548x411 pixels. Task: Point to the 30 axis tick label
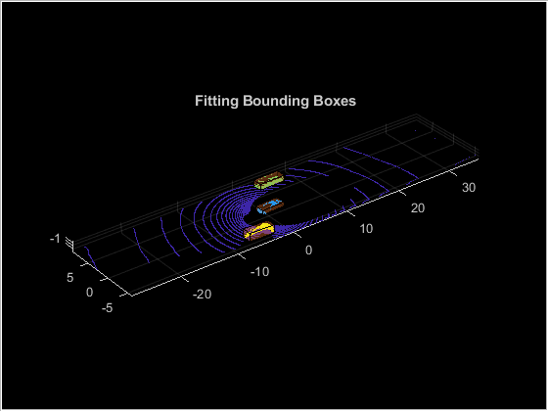(x=469, y=188)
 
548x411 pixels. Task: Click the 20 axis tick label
(x=418, y=208)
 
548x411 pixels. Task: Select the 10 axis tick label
(x=366, y=229)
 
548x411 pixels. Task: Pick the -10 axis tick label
(x=259, y=272)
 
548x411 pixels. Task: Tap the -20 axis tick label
(x=202, y=295)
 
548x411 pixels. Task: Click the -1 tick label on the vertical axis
(x=55, y=239)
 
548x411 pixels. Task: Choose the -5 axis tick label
(x=107, y=308)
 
